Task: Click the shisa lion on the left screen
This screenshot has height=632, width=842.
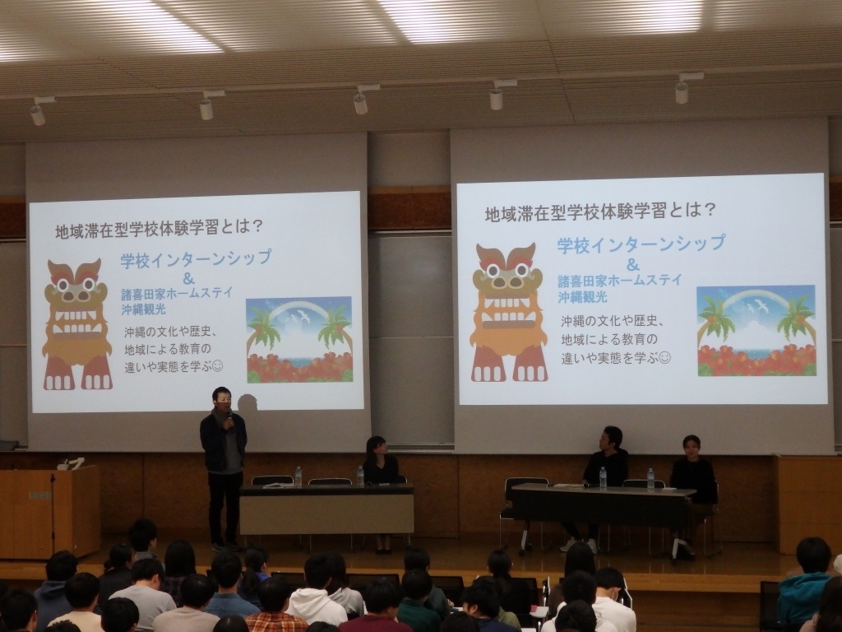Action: pos(77,324)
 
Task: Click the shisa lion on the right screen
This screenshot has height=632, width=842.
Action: pos(508,312)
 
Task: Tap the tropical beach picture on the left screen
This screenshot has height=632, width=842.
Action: pos(299,340)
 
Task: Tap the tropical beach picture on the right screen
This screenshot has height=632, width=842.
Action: pos(756,331)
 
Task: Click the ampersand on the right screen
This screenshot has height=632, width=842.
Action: pos(634,264)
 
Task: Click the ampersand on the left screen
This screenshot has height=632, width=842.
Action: pos(188,278)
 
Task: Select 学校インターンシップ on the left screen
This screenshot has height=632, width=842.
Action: pos(196,259)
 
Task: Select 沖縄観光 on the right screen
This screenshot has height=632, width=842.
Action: pos(582,296)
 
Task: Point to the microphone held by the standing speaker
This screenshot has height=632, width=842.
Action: pos(230,418)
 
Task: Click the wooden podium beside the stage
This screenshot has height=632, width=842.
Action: pos(49,510)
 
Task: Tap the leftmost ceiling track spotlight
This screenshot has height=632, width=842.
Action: pos(38,112)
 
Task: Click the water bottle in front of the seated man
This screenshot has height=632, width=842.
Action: pos(603,478)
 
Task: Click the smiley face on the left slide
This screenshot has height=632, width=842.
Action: pos(217,366)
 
